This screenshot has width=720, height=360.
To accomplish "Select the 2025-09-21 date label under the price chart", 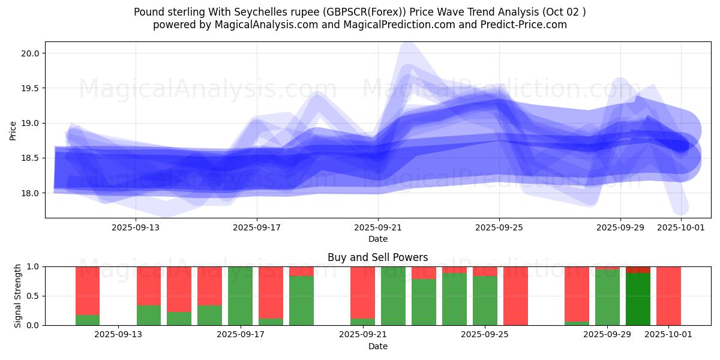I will click(378, 227).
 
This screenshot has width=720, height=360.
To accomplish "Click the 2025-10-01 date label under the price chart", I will click(681, 227).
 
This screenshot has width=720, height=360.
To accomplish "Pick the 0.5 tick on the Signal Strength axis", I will click(34, 296).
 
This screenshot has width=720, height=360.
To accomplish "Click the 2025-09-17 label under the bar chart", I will click(241, 335).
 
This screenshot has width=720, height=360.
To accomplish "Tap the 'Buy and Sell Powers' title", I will click(377, 257).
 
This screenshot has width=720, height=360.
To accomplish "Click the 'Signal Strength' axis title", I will click(18, 296).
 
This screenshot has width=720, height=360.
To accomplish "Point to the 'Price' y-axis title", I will click(13, 130).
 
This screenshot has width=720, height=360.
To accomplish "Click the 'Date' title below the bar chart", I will click(378, 346).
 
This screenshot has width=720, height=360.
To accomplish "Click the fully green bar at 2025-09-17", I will click(241, 296).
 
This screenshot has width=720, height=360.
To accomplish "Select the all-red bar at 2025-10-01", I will click(668, 296).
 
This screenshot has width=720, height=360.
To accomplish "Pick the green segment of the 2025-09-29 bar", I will click(607, 298).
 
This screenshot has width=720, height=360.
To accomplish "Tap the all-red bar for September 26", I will click(515, 296).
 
